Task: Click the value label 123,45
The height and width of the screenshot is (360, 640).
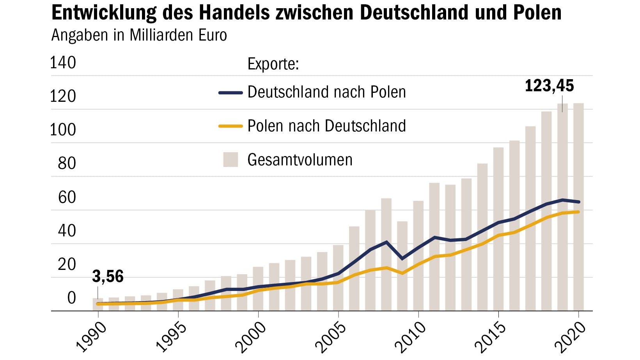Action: [549, 86]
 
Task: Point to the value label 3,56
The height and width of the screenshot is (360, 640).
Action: [108, 277]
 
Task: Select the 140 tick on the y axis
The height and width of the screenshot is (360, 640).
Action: [63, 63]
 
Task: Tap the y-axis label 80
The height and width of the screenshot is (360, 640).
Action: [67, 163]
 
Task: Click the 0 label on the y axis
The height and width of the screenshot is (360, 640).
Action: [71, 298]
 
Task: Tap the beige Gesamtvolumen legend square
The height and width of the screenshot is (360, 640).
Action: [230, 160]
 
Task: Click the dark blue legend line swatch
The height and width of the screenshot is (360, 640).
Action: [230, 93]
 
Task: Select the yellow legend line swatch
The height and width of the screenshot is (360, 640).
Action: [230, 126]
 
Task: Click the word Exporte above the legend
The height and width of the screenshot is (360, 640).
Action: [273, 64]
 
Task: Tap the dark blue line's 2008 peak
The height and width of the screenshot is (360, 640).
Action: [386, 242]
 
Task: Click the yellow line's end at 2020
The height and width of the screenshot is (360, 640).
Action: [578, 212]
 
